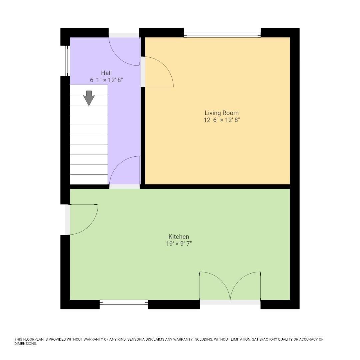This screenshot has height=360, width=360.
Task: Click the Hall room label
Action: tap(106, 73)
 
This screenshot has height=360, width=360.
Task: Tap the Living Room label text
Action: tap(222, 113)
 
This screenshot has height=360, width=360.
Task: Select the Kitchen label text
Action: tap(179, 237)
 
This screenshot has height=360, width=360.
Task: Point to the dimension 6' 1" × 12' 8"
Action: tap(106, 80)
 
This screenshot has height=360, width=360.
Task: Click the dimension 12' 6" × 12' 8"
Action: tap(222, 120)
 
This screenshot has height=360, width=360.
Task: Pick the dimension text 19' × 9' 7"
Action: tap(179, 244)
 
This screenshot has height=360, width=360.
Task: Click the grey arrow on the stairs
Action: tap(89, 98)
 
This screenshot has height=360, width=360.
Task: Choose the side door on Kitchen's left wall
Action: tap(83, 219)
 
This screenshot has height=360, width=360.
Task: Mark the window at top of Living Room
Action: tap(222, 35)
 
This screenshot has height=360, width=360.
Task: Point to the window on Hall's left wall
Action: tap(67, 61)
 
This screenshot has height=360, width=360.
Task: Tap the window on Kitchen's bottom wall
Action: tap(124, 303)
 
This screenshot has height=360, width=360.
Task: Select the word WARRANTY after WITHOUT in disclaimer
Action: tap(91, 339)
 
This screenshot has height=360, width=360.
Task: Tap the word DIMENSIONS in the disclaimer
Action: tap(25, 344)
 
